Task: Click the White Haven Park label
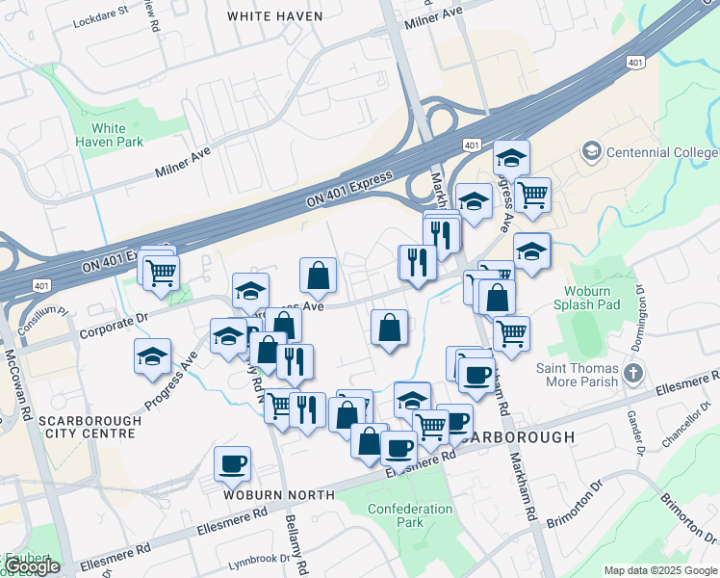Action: point(116,135)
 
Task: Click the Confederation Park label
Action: point(410,515)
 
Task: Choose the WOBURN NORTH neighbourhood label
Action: point(278,494)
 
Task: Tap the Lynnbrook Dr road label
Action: point(259,559)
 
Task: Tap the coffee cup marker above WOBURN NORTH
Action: point(232,463)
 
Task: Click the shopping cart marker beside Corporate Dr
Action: point(160,272)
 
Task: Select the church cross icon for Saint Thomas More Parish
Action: point(632,373)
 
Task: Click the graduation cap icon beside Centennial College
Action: point(590,151)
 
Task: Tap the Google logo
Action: point(33,567)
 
